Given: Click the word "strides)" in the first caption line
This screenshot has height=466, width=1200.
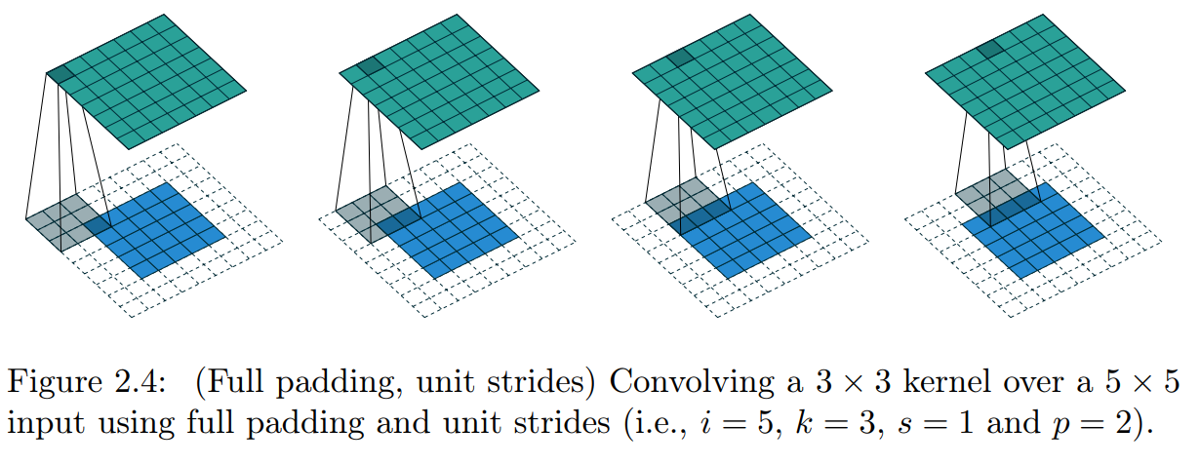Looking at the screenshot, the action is (x=545, y=383).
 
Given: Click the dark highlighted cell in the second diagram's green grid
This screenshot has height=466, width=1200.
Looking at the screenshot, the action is (x=370, y=66).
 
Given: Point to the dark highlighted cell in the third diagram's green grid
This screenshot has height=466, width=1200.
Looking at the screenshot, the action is (x=681, y=59).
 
